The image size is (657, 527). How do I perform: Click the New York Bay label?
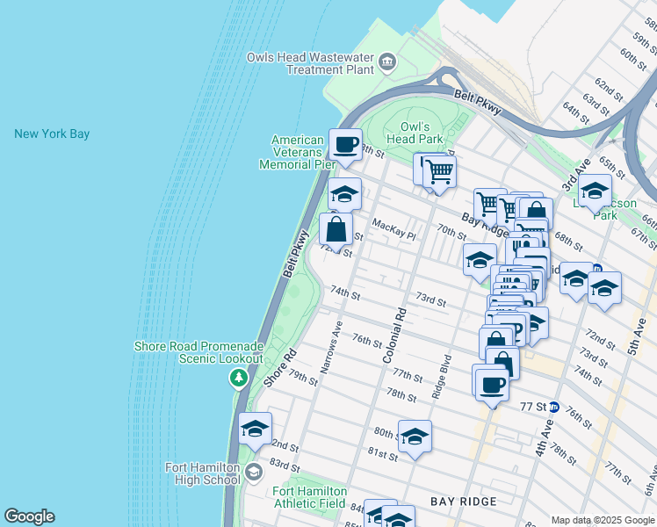pyautogui.click(x=52, y=134)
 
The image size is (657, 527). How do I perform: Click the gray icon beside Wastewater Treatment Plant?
pyautogui.click(x=387, y=63)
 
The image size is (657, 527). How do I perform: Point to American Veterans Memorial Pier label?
pyautogui.click(x=297, y=152)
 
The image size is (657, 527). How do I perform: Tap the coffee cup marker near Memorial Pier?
pyautogui.click(x=345, y=143)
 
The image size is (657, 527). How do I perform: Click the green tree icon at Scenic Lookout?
pyautogui.click(x=238, y=378)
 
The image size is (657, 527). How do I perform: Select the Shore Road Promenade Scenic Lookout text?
pyautogui.click(x=199, y=352)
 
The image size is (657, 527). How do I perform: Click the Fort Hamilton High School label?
pyautogui.click(x=203, y=473)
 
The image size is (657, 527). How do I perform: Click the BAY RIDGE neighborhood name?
pyautogui.click(x=464, y=501)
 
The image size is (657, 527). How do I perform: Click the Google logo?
pyautogui.click(x=29, y=516)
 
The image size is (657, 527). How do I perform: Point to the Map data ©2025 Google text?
pyautogui.click(x=602, y=520)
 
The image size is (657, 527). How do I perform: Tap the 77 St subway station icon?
pyautogui.click(x=554, y=407)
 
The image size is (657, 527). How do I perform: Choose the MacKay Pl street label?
pyautogui.click(x=393, y=229)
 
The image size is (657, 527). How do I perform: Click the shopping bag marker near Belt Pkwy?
pyautogui.click(x=336, y=231)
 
